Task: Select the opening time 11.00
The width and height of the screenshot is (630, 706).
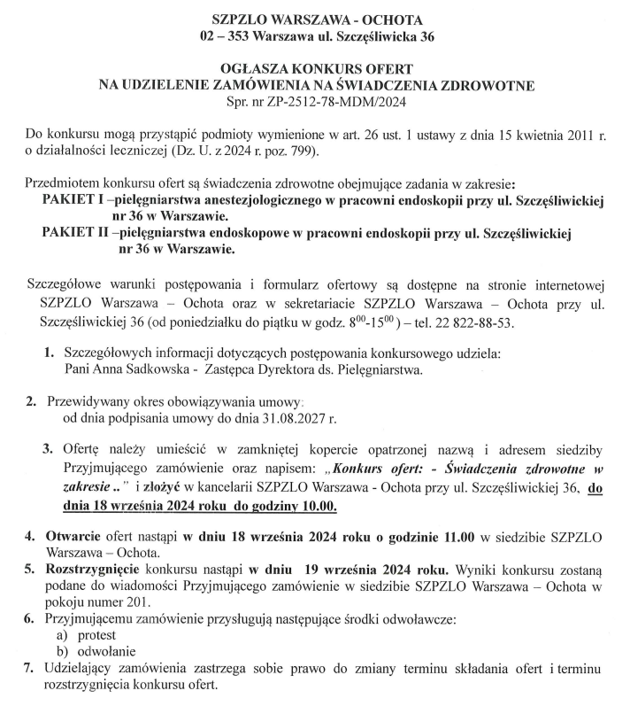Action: (x=456, y=537)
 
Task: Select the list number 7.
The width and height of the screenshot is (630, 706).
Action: (x=29, y=669)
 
